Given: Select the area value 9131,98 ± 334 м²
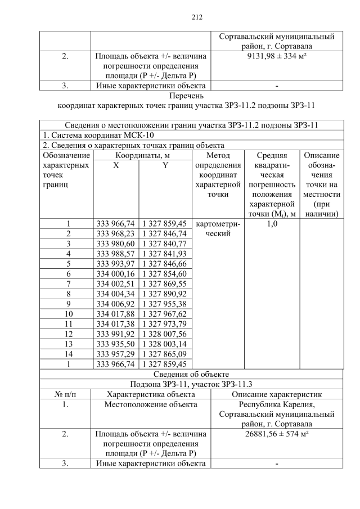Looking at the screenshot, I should pos(276,56).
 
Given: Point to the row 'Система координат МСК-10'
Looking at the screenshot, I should pos(98,136).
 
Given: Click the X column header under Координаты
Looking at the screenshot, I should pos(115,165).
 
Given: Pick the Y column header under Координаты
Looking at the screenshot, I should pos(165,165).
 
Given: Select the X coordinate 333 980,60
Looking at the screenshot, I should pos(115,244).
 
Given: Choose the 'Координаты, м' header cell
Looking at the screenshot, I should pos(141,155).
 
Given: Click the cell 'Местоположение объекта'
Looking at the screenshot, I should pos(151,404).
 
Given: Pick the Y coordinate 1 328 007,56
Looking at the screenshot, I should pos(165,334).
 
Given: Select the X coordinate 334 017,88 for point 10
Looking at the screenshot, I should pos(115,313).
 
